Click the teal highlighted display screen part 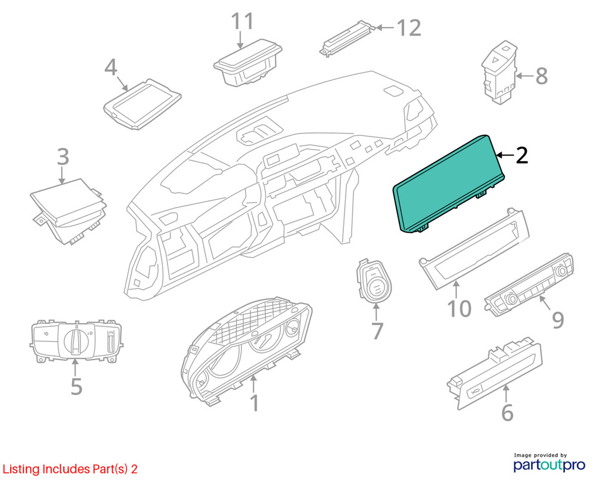(x=449, y=182)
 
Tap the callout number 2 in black (x=521, y=156)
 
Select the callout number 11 (x=242, y=21)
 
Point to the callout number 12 (x=409, y=28)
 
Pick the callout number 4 (x=111, y=67)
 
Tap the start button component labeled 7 (x=374, y=281)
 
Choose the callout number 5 (x=76, y=386)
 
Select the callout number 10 (x=459, y=308)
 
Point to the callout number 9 (x=558, y=320)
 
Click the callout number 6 (x=507, y=412)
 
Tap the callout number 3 (x=63, y=157)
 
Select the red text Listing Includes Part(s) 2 (x=70, y=469)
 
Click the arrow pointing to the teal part (x=505, y=155)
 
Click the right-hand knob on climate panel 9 (x=561, y=270)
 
